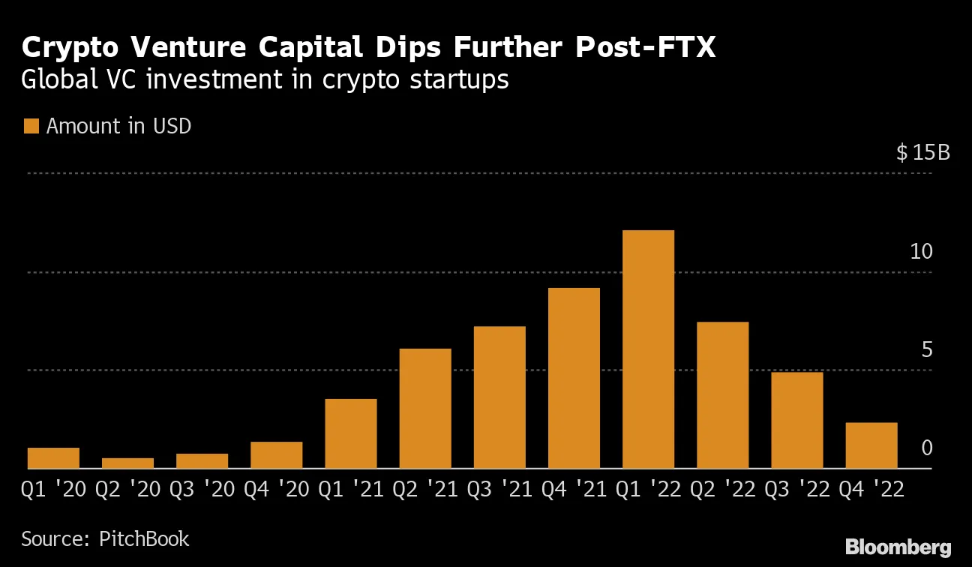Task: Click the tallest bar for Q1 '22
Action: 648,349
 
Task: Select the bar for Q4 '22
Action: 871,445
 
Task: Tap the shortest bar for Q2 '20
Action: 127,463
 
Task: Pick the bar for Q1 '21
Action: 351,433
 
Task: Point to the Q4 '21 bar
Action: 574,378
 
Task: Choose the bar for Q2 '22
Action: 723,395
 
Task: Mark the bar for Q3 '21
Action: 499,397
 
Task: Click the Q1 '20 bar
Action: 53,457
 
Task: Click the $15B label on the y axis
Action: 923,154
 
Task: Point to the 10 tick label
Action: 921,252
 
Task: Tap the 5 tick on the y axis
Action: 927,350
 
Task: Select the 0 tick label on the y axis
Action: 927,448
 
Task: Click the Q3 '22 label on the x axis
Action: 797,490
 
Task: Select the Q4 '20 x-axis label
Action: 277,490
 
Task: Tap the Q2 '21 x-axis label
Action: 425,490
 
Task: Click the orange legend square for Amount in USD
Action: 31,126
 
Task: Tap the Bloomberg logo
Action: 898,547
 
